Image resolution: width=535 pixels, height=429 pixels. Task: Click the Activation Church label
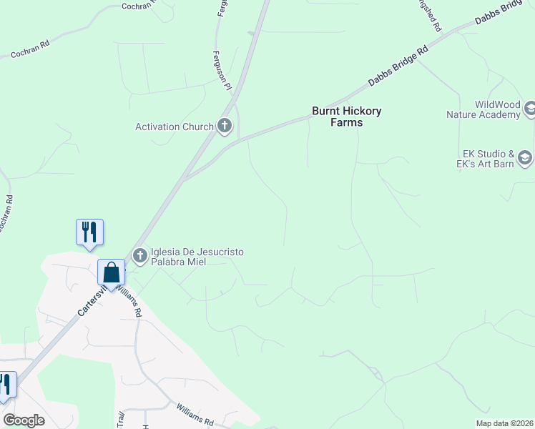(175, 127)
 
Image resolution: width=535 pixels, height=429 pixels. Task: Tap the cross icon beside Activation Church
(225, 127)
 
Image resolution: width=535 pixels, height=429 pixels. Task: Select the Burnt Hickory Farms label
(347, 117)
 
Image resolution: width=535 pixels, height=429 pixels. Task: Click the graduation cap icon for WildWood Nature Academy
(530, 109)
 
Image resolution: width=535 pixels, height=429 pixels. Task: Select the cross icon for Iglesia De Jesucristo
(139, 255)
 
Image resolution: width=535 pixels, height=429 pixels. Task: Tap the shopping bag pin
(112, 272)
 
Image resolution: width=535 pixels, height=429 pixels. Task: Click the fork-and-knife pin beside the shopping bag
(89, 232)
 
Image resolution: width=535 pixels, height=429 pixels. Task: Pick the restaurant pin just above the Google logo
(6, 385)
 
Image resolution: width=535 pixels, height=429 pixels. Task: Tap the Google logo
(24, 420)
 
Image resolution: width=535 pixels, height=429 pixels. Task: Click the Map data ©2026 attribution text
(504, 423)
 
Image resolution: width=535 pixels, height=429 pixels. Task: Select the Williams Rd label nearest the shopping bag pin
(130, 302)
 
